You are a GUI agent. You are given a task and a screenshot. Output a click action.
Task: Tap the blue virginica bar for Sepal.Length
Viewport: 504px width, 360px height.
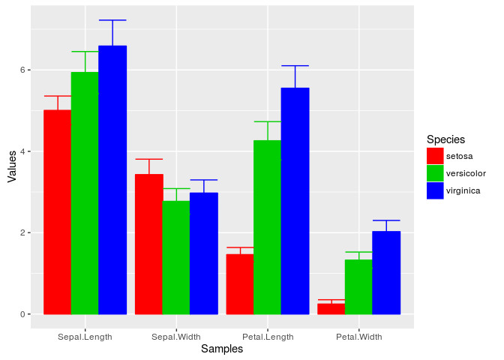(x=112, y=180)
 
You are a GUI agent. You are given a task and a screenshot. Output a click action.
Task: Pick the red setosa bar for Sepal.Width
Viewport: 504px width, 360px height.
(x=148, y=244)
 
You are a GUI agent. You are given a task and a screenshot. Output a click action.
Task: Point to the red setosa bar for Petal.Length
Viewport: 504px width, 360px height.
(x=240, y=284)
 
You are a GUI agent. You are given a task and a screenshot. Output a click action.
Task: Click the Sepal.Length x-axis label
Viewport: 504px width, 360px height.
(x=85, y=337)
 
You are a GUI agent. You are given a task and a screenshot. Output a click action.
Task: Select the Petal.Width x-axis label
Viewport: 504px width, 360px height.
(x=359, y=337)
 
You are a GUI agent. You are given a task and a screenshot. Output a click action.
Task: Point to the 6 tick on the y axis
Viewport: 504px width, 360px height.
(x=23, y=70)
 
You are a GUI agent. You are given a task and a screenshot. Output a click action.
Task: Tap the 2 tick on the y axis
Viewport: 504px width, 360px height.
(x=23, y=232)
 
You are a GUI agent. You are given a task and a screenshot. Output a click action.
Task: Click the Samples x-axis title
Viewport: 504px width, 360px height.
(x=222, y=349)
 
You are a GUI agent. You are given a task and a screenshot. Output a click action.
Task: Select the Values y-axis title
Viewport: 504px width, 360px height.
(x=11, y=166)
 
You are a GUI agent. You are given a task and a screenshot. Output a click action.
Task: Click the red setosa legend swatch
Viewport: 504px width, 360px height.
(x=435, y=155)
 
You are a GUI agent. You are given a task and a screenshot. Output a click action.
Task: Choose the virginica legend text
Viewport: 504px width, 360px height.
(x=463, y=190)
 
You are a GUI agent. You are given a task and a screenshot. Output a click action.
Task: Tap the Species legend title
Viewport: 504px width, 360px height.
(x=445, y=139)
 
